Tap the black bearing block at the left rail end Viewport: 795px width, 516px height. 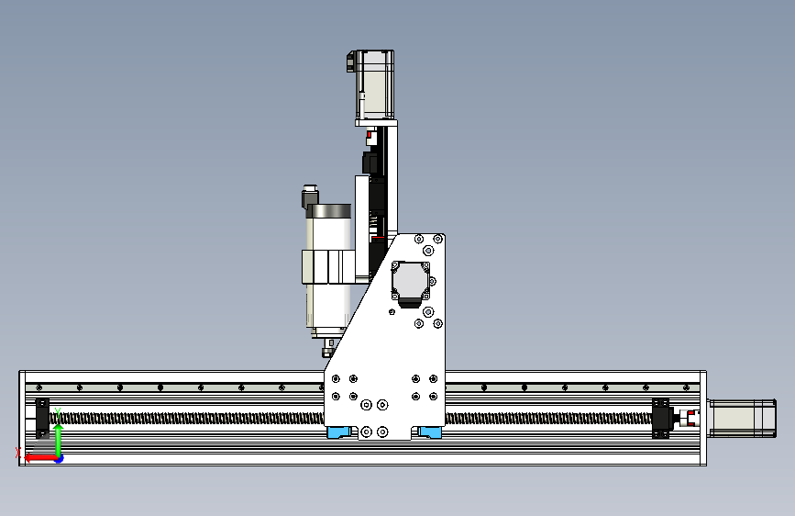point(42,418)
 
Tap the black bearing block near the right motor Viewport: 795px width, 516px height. point(661,418)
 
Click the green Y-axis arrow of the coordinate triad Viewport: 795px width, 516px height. point(58,432)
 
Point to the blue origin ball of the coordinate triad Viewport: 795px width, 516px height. point(59,457)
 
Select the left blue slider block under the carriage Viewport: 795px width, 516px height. point(340,432)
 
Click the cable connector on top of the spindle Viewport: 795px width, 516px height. point(310,197)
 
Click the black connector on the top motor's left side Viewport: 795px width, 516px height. point(350,62)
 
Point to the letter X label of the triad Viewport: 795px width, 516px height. point(18,452)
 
